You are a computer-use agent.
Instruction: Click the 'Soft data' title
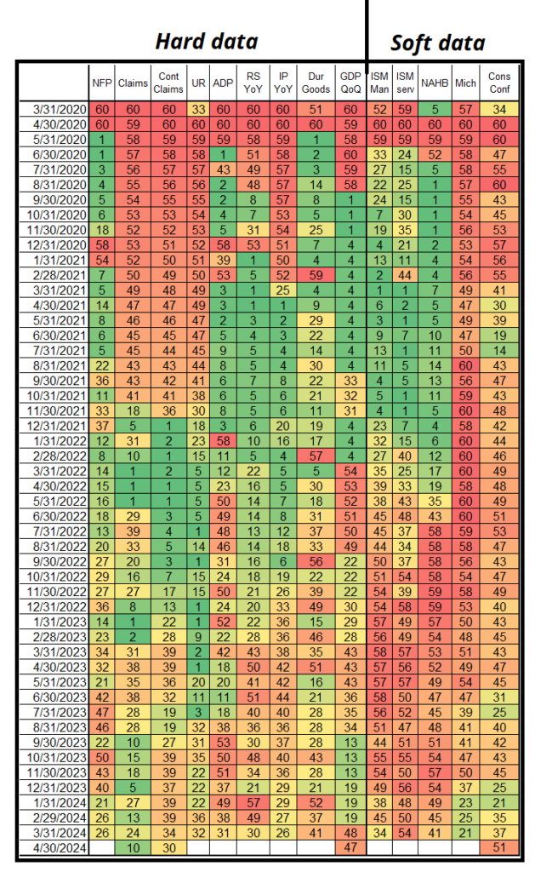tap(437, 43)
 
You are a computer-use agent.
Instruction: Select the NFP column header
tap(101, 83)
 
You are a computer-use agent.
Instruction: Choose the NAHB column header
tap(435, 83)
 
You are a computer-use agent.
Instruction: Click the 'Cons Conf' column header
tap(499, 83)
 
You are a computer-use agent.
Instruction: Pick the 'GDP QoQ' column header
tap(349, 83)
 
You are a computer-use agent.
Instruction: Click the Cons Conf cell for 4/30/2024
tap(499, 847)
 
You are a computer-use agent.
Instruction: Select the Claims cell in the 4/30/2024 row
tap(132, 847)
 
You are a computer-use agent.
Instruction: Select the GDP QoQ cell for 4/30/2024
tap(349, 847)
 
